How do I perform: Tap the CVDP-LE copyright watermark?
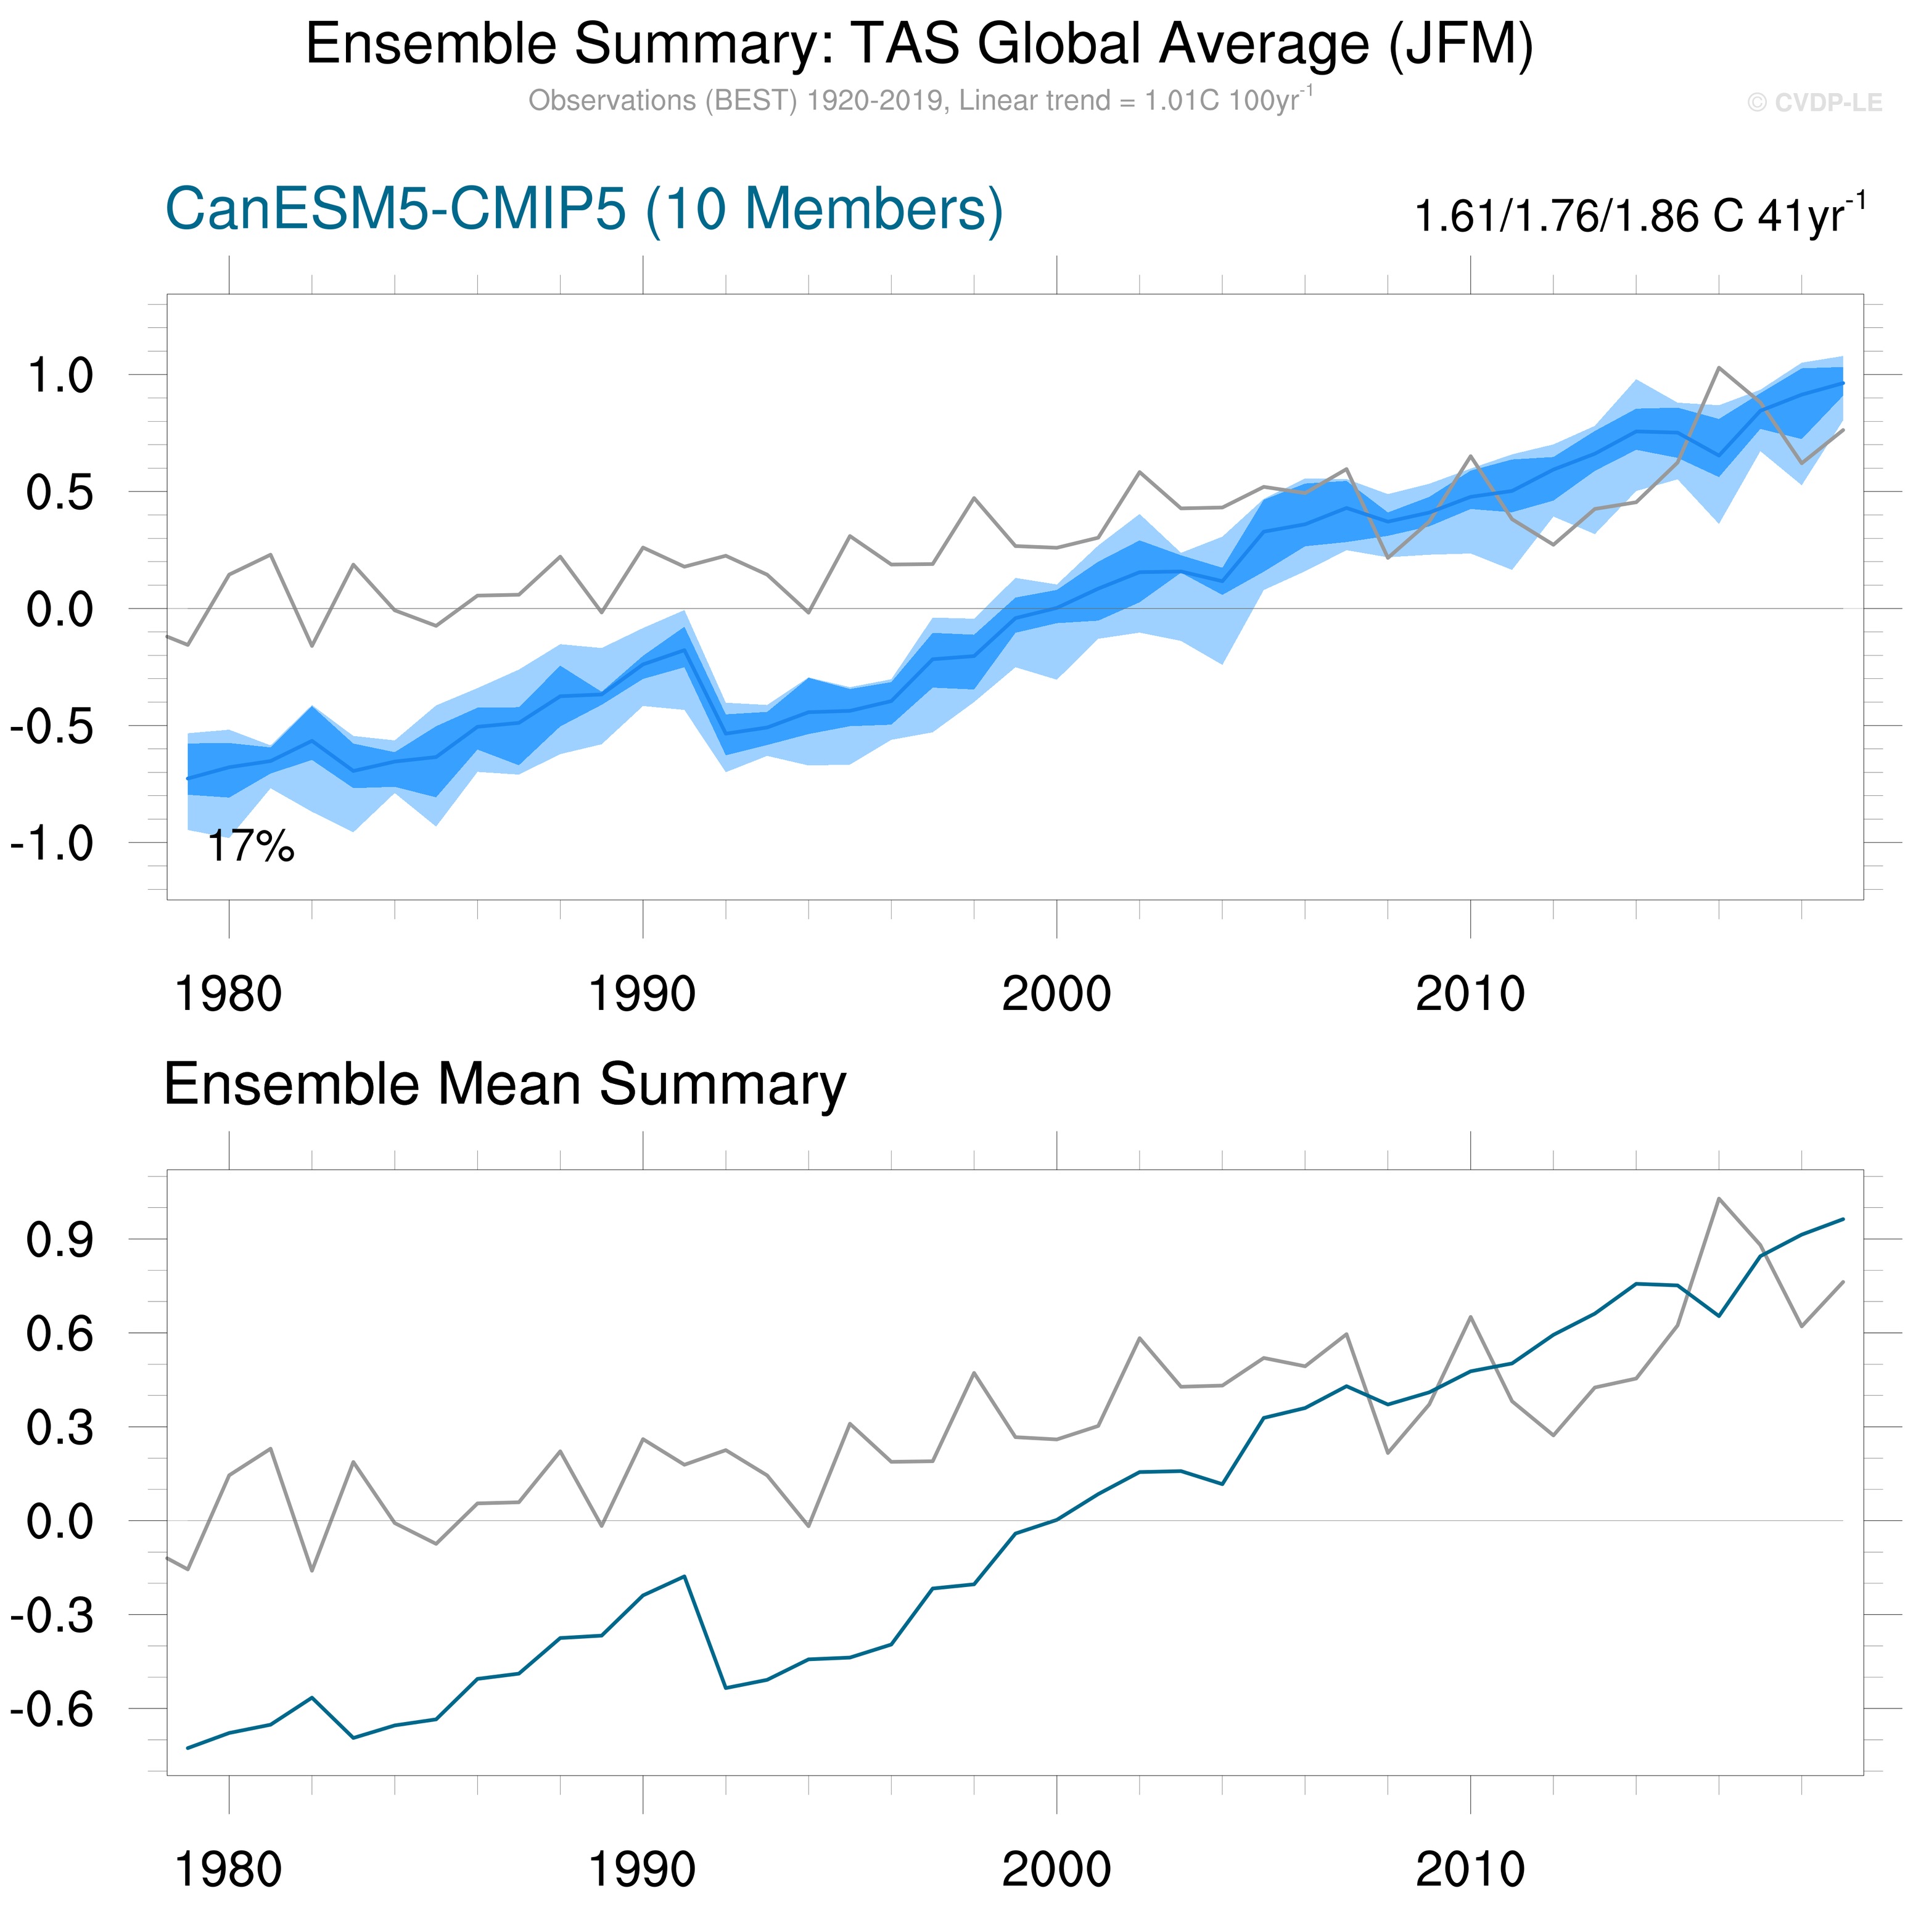(1814, 103)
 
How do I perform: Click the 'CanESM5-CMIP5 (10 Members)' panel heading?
(584, 210)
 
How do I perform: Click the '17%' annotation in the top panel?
(250, 848)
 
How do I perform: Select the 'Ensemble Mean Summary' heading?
(505, 1084)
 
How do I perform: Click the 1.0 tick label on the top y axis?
(59, 375)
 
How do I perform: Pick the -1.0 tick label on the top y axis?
(51, 843)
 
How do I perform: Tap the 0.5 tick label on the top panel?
(59, 492)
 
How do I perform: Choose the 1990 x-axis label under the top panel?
(643, 994)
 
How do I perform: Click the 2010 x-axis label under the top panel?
(1470, 994)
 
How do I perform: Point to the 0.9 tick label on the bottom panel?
(59, 1240)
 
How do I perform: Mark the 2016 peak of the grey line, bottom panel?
(1719, 1198)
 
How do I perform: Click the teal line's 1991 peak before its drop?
(684, 1575)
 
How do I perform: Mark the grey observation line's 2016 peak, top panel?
(1719, 367)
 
